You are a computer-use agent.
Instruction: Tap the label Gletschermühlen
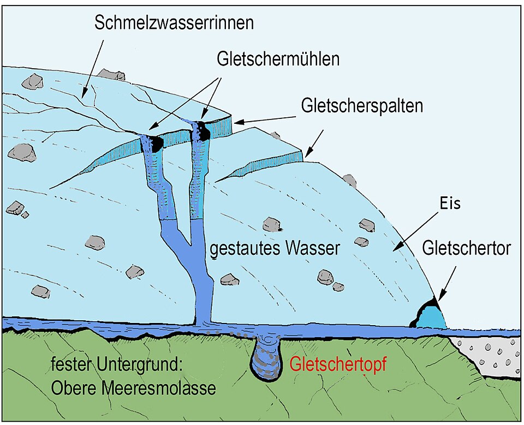click(x=278, y=59)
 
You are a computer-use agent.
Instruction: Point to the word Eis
click(x=451, y=205)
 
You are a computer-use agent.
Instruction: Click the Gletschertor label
click(x=467, y=249)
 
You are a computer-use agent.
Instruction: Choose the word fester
click(x=68, y=364)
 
